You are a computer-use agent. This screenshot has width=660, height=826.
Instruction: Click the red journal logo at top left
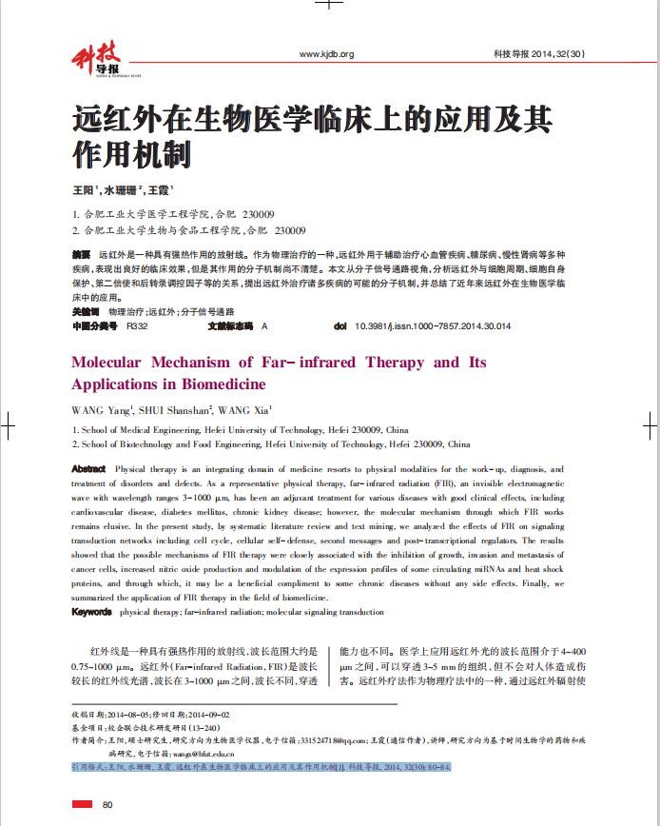coord(96,60)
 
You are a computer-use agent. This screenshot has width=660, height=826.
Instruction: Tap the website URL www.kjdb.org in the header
coord(326,54)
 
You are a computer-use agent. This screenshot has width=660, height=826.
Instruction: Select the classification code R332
coord(136,326)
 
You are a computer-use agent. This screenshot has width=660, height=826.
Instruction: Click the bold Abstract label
coord(88,469)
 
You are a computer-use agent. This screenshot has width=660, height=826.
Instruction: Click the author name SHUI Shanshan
coord(157,410)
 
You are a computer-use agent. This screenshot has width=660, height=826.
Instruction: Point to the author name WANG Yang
coord(98,410)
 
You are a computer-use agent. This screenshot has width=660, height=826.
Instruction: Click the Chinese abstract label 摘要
coord(81,256)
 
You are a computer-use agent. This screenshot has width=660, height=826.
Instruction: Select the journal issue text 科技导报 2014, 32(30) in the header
coord(538,54)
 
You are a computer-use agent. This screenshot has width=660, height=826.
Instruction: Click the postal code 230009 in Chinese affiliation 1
coord(258,213)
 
